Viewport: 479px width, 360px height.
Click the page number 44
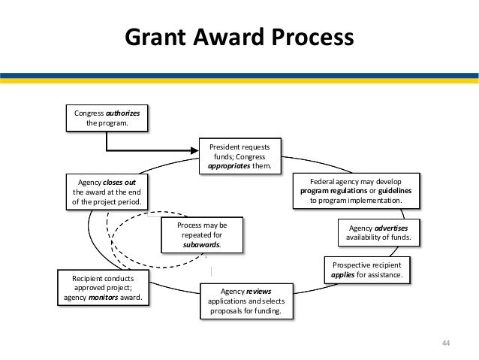click(x=445, y=343)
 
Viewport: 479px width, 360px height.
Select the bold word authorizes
click(x=120, y=113)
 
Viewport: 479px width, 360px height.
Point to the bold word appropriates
click(x=230, y=167)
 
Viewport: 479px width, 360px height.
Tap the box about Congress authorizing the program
click(x=106, y=118)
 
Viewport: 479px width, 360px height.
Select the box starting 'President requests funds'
click(x=239, y=156)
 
